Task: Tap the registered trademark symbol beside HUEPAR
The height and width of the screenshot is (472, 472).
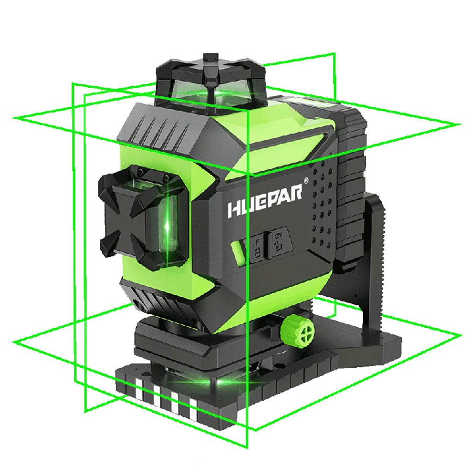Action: (x=306, y=181)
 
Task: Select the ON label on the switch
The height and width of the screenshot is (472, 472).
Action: (x=278, y=236)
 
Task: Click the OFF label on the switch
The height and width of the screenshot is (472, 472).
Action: (x=257, y=242)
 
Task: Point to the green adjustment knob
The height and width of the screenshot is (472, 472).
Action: (x=297, y=331)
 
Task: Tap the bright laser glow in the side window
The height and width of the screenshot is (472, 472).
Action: (x=167, y=225)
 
